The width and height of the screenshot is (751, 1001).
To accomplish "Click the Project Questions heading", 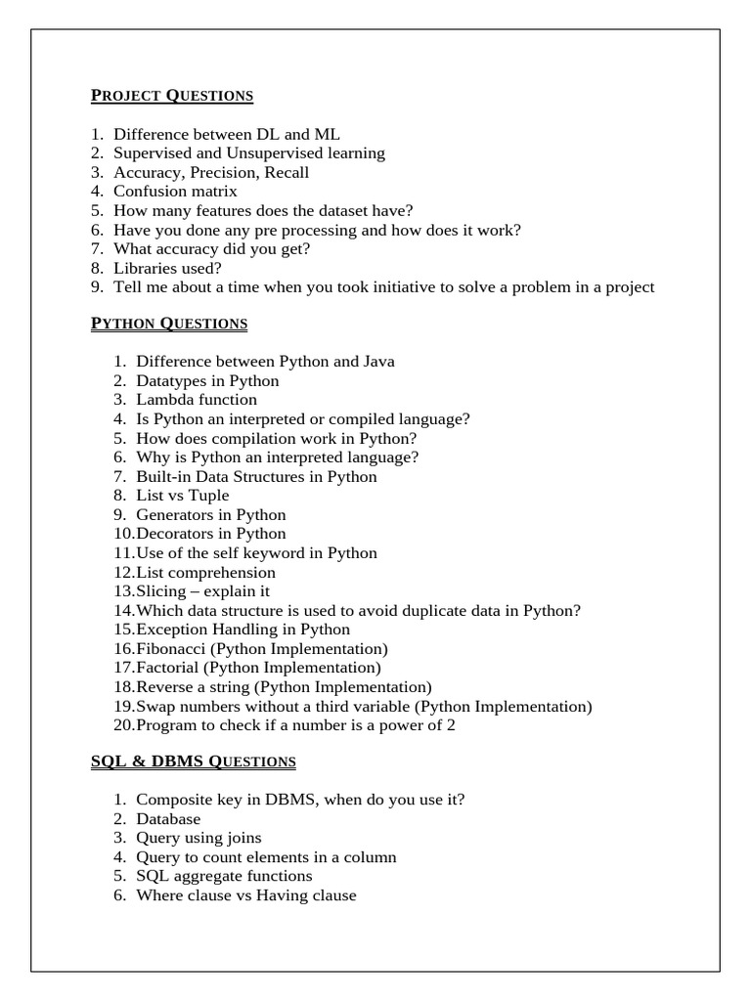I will click(172, 96).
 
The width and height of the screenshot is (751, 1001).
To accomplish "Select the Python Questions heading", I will click(169, 324).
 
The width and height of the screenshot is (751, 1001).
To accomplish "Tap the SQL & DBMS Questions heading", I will click(194, 761).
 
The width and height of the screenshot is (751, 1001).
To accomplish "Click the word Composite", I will click(171, 800).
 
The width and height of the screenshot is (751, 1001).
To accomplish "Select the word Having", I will click(282, 895).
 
